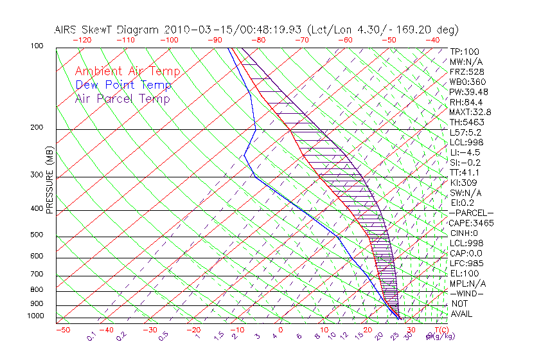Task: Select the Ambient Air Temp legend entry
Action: (x=127, y=71)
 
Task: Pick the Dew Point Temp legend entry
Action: (x=123, y=85)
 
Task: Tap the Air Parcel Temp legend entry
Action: (x=122, y=98)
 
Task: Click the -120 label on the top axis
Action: (x=82, y=40)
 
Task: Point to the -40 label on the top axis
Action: (x=432, y=40)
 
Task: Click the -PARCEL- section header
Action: (x=471, y=213)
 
